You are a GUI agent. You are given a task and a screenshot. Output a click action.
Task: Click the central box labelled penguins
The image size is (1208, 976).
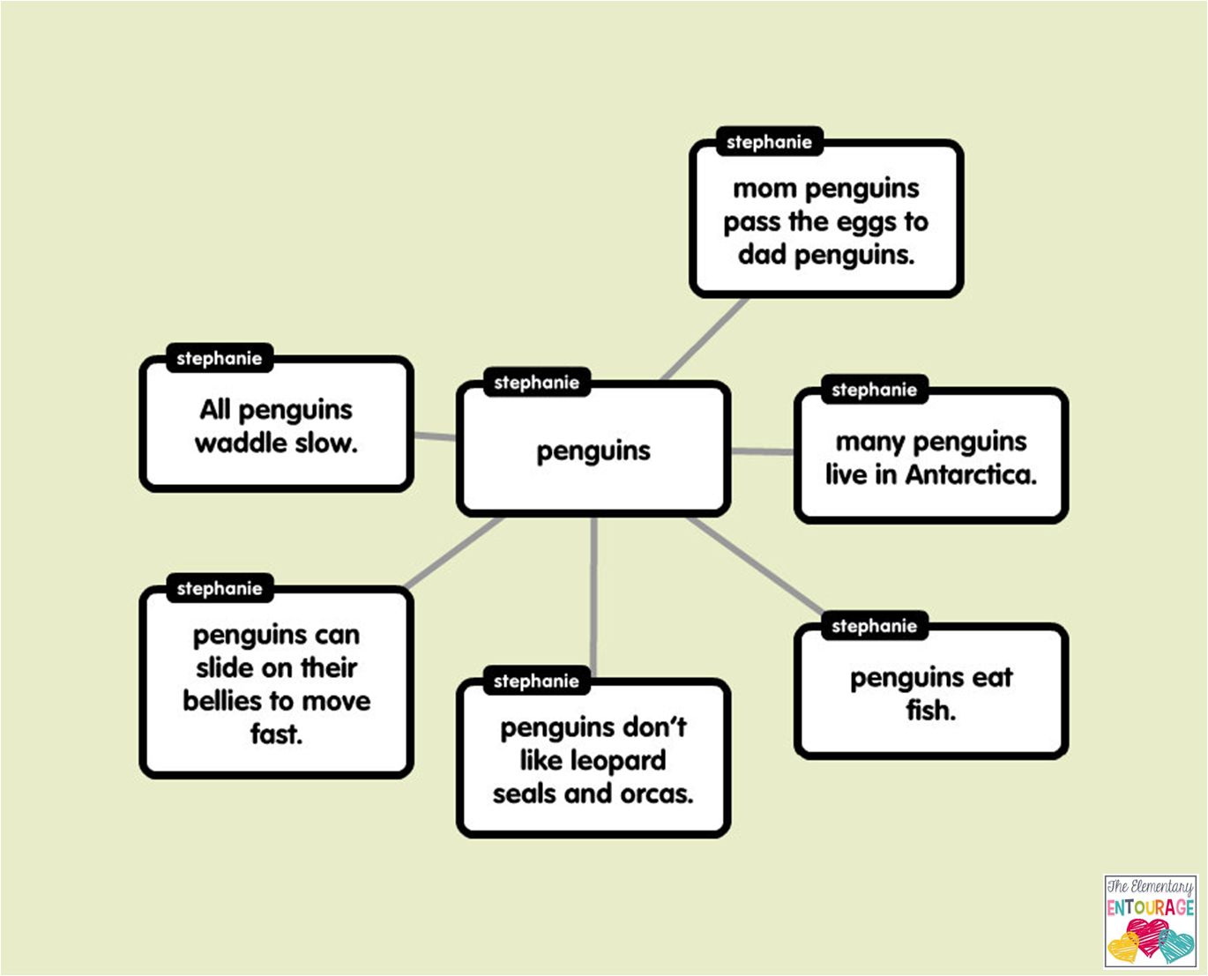593,451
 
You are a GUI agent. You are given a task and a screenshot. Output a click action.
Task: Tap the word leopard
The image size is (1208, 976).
622,760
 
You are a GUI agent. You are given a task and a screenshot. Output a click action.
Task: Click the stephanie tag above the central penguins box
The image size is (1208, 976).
536,383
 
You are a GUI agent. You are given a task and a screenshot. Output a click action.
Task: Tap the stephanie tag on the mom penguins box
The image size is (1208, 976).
769,142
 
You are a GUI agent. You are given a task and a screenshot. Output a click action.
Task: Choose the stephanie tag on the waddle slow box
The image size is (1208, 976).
219,359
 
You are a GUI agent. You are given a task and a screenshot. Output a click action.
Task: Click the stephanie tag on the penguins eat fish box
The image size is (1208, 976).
874,627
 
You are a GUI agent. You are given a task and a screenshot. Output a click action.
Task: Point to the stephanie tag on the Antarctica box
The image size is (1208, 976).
874,390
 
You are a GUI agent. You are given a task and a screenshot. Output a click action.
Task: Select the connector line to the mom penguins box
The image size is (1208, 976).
705,339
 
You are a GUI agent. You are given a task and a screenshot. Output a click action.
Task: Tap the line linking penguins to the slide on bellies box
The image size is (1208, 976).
454,553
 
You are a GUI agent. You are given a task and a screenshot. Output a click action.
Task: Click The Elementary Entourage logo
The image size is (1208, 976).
1150,921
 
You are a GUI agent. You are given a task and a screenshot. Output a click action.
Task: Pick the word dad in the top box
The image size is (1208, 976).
763,255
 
